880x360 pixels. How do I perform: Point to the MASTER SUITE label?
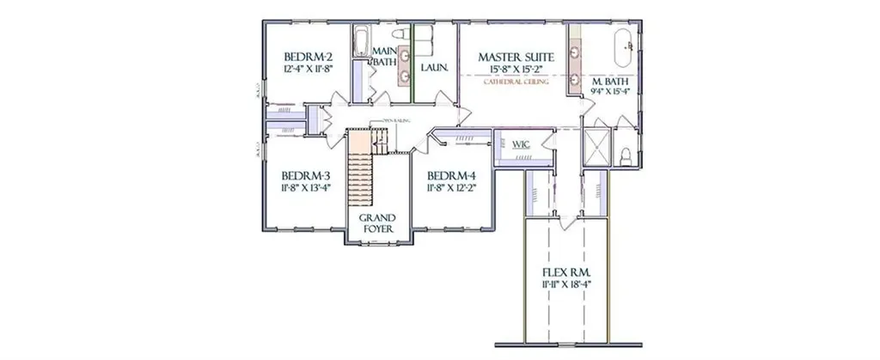(516, 57)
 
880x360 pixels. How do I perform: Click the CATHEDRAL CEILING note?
(516, 82)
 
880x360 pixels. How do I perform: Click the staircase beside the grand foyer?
(359, 172)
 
